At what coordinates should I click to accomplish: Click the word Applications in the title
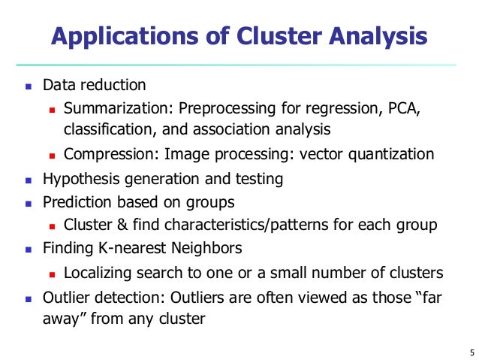120,37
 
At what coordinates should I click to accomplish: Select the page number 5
461,351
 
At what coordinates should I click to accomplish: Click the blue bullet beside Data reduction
27,86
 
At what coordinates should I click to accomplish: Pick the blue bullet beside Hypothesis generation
27,180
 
